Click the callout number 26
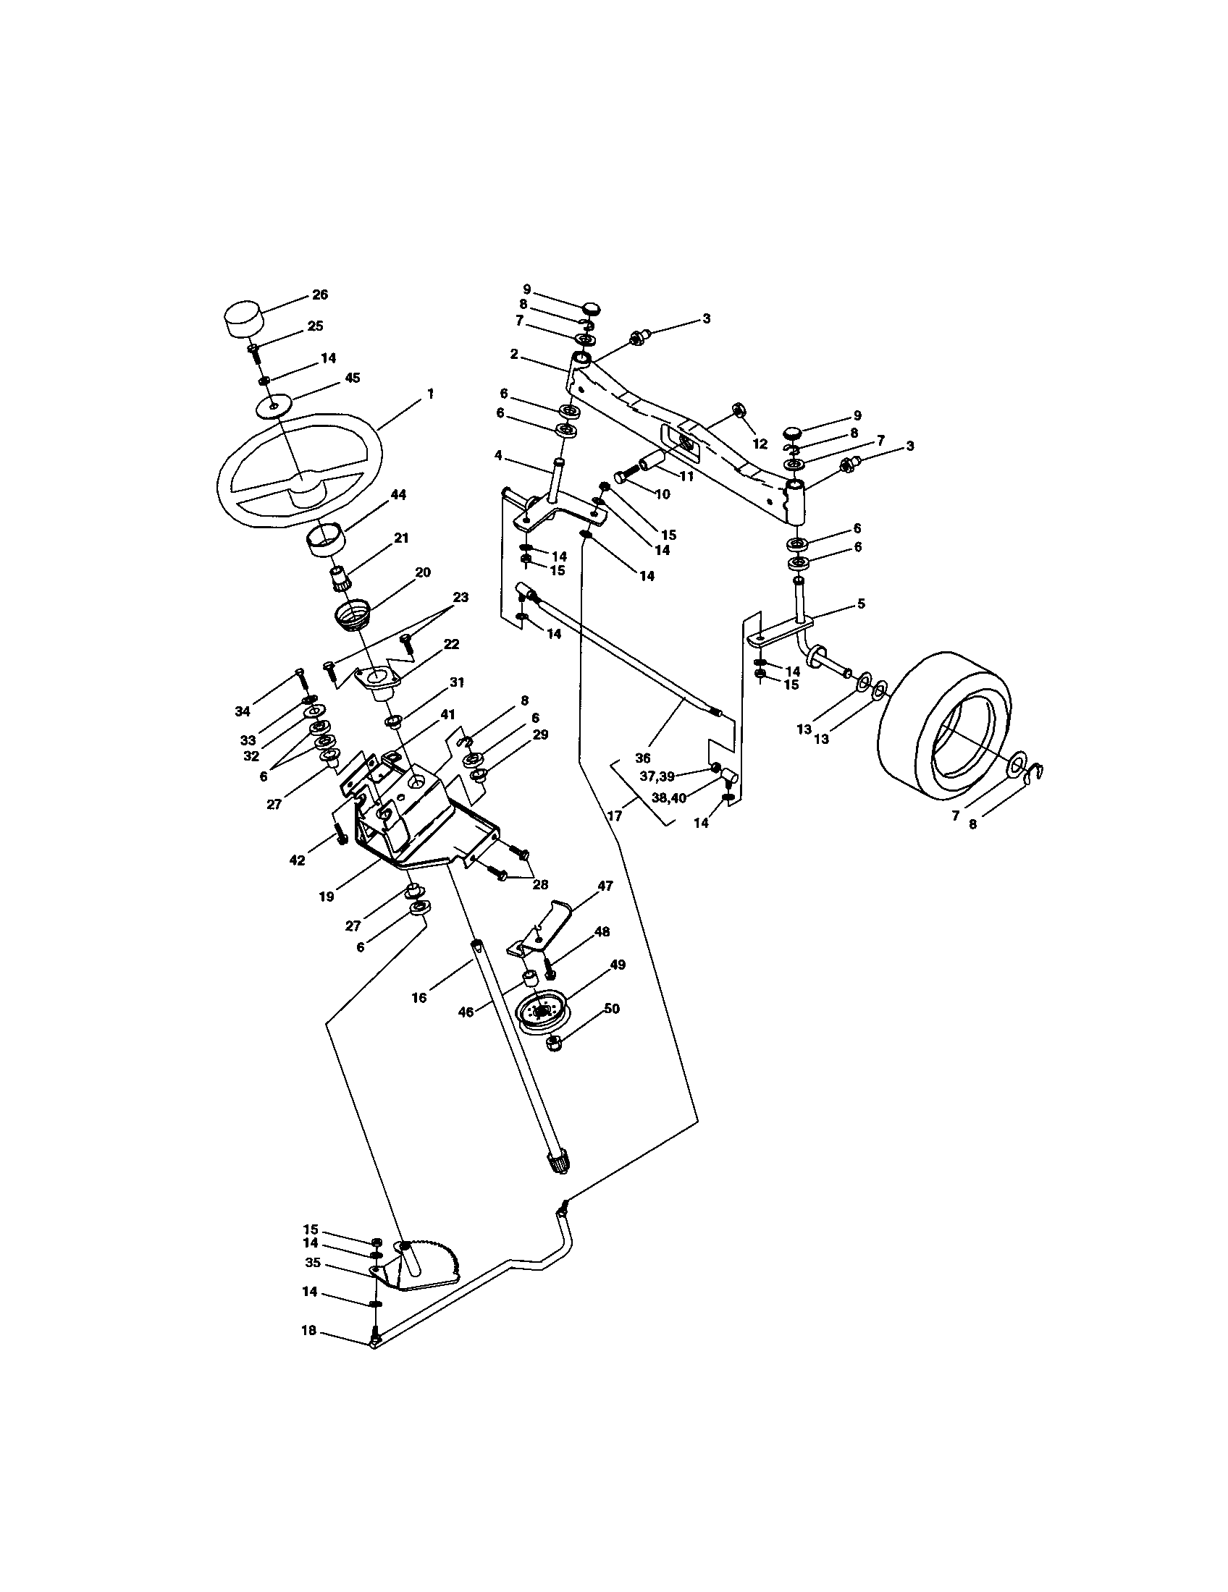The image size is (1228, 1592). pos(320,295)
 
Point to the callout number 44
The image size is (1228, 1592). pos(398,495)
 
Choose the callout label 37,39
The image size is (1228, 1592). pos(657,776)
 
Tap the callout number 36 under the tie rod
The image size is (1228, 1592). pos(642,758)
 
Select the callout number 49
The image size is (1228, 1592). pos(618,965)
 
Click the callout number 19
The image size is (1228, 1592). pos(327,897)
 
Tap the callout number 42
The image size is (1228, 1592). pos(297,860)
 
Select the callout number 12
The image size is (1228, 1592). pos(760,443)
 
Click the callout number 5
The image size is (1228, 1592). pos(861,604)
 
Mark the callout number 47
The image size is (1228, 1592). pos(605,886)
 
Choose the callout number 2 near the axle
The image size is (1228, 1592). pos(514,354)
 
